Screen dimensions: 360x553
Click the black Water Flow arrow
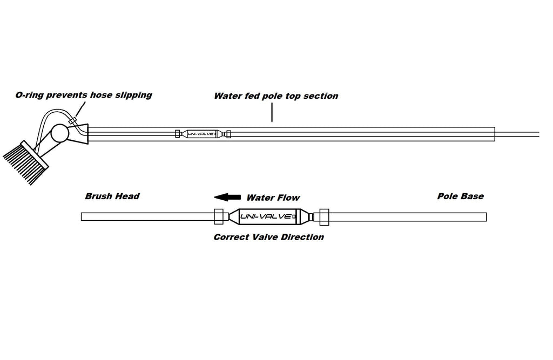(x=226, y=197)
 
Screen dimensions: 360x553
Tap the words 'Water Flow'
(x=273, y=198)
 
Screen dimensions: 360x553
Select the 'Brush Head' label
(x=112, y=196)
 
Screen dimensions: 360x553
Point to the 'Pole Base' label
(x=460, y=196)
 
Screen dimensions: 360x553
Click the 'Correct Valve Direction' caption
(x=268, y=237)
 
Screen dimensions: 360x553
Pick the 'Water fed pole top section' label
(x=275, y=96)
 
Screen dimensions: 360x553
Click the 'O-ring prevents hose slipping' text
(x=83, y=95)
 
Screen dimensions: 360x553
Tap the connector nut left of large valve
(x=219, y=217)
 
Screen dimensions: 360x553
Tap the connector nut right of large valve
(x=324, y=217)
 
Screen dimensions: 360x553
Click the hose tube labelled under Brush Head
(x=146, y=217)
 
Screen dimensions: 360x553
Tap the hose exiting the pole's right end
(x=518, y=134)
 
